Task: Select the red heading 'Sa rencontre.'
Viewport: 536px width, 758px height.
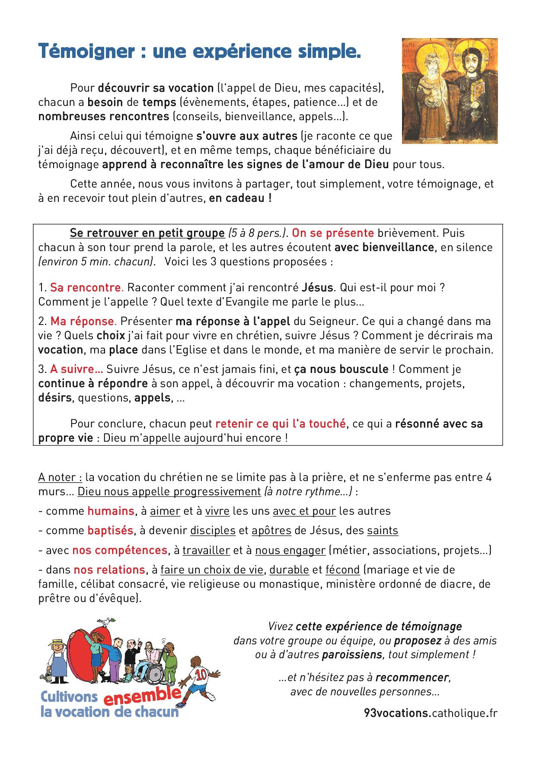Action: point(87,287)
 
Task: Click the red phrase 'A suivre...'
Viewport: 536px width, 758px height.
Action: point(77,369)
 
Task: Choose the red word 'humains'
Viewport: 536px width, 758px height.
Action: point(111,511)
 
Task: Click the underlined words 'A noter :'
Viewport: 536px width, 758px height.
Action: point(60,478)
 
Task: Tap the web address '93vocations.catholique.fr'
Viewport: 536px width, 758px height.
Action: point(431,713)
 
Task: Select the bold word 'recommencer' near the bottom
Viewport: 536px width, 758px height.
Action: point(412,677)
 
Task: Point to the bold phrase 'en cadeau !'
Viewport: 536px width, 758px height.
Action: point(240,198)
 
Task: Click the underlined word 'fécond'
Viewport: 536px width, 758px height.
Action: point(342,570)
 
